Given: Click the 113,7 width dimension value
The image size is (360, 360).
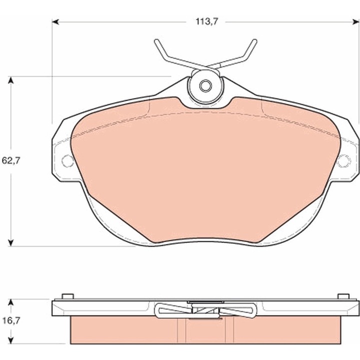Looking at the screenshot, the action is click(x=206, y=22).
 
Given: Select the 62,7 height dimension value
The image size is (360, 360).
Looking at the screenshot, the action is click(x=11, y=160).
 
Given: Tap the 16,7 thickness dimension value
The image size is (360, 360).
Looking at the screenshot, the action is click(x=11, y=320).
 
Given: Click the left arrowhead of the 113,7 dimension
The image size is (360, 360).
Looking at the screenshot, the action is click(x=55, y=22).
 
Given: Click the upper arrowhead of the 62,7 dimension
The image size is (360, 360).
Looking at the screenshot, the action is click(x=11, y=80).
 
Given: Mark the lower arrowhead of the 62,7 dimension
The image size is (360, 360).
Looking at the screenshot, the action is click(x=11, y=242).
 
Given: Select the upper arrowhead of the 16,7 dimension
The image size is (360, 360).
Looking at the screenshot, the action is click(x=11, y=303).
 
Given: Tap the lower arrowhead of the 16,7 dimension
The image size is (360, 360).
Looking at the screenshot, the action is click(x=11, y=340).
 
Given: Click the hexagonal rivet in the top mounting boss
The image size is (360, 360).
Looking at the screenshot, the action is click(x=205, y=86).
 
